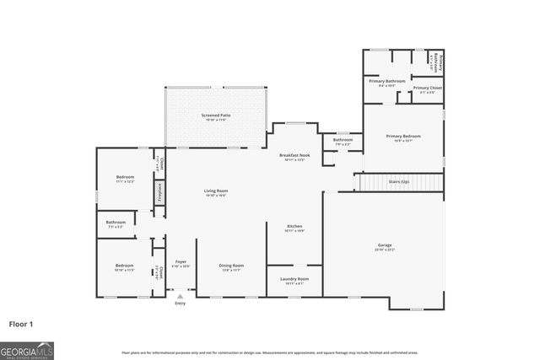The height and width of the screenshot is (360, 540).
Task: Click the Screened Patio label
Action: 216,115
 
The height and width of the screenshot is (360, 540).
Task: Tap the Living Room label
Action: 216,191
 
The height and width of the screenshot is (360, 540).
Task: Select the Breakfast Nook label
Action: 294,156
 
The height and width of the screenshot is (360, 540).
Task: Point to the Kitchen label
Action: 294,226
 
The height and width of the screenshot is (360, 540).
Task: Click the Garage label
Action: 384,245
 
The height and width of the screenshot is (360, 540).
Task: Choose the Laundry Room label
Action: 294,279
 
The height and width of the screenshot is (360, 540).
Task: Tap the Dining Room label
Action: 231,266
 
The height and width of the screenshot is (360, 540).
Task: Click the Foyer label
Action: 181,262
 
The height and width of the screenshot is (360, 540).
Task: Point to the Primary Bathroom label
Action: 387,81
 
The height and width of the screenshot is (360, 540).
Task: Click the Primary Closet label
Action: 428,88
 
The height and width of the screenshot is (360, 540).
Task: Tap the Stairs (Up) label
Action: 399,181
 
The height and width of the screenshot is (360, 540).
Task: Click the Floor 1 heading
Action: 21,323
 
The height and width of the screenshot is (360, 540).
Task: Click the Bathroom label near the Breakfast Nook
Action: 343,140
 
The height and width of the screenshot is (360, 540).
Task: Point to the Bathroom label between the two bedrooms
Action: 116,223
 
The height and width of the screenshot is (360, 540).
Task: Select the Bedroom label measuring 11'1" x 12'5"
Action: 125,177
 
